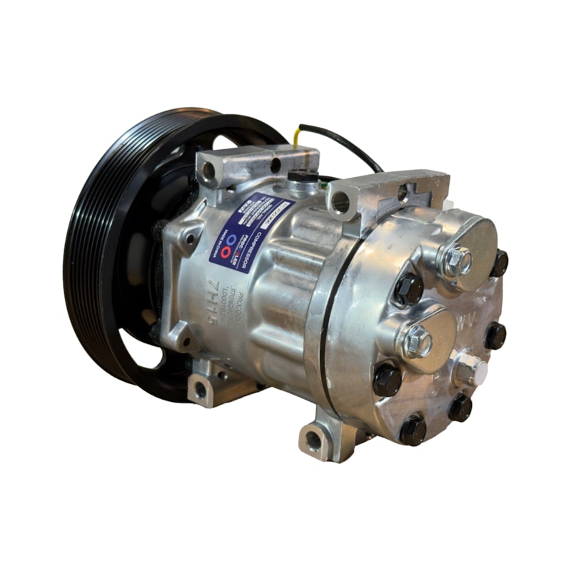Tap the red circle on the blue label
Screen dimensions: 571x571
226,252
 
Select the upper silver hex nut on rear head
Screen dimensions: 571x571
457,261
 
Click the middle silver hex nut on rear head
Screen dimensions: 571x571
418,342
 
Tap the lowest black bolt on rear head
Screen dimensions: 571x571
413,430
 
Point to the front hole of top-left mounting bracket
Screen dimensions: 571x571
209,170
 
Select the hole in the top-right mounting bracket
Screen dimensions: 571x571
341,203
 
